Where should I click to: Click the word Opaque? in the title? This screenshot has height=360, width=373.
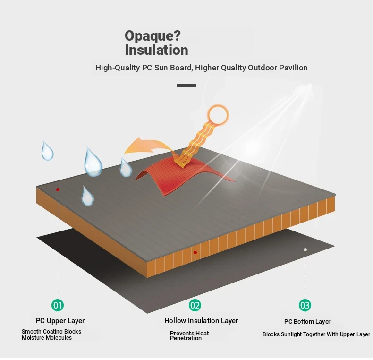click(153, 36)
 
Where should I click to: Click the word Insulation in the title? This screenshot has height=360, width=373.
click(156, 50)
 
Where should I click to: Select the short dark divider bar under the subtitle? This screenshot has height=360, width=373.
click(187, 86)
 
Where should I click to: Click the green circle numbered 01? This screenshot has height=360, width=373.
click(58, 305)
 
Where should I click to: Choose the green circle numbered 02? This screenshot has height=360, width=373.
click(195, 305)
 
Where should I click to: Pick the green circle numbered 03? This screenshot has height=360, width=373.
click(305, 305)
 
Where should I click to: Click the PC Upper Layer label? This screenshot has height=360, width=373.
click(60, 321)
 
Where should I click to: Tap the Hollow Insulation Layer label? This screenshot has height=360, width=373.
click(201, 321)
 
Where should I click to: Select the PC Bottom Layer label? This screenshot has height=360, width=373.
click(307, 322)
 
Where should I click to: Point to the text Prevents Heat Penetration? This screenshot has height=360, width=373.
click(189, 336)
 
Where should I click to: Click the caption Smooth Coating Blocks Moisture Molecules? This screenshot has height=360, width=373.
click(51, 334)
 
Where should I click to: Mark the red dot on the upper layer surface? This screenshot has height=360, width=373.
click(58, 189)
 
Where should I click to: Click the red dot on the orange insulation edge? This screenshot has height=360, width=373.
click(195, 252)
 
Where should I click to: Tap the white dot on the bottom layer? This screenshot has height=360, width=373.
click(305, 249)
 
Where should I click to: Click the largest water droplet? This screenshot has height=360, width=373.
click(93, 163)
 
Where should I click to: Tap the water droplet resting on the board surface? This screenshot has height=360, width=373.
click(87, 197)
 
